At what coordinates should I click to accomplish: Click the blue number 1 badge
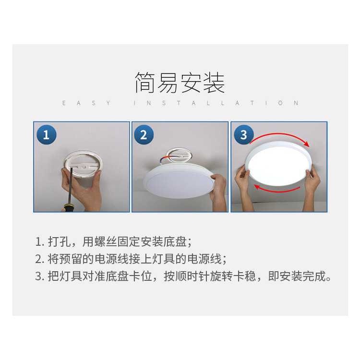(47, 135)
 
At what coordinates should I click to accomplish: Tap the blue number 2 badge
(144, 135)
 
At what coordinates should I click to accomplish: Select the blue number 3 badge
(244, 135)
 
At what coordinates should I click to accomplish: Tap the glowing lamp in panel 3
(278, 164)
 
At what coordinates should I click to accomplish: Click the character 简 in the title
(145, 83)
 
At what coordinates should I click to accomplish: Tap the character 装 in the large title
(214, 83)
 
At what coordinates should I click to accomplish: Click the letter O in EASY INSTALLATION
(280, 103)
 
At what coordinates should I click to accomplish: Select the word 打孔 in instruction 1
(59, 242)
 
